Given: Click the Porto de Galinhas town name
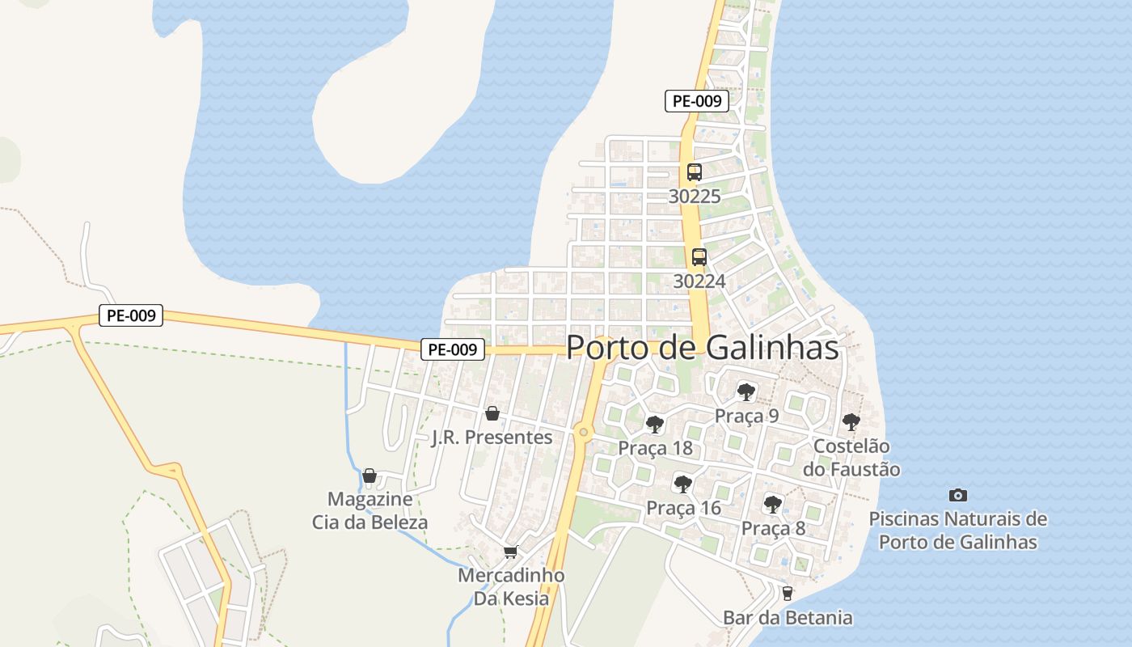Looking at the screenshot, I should coord(702,348).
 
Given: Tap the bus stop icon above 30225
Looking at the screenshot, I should coord(694,171).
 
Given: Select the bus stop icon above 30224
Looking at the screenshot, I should coord(699,257).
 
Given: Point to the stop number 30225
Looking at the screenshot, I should coord(695,197).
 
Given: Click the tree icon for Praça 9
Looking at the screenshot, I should coord(746,392).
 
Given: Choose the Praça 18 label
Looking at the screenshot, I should coord(656,448).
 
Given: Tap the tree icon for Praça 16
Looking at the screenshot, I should coord(683,484).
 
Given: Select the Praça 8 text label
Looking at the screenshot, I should coord(773,528).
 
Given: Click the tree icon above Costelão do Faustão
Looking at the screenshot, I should coord(851,421).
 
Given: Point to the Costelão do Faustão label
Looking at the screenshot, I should coord(851,458).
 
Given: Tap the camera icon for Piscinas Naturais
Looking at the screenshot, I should coord(957,495).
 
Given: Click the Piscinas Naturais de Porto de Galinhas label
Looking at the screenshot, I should coord(957,531).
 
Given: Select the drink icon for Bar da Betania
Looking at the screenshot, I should coord(787,594).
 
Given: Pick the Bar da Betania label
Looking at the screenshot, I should coord(787,618).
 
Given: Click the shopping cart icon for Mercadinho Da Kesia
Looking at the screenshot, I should coord(510,552).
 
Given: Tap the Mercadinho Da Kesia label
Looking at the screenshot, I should coord(510,587).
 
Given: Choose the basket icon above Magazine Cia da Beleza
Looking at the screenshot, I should coord(370,476).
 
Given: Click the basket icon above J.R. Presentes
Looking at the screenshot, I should coord(492,414).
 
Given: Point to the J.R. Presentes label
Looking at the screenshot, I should coord(492,438).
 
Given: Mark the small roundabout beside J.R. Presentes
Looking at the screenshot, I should coord(583,432).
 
